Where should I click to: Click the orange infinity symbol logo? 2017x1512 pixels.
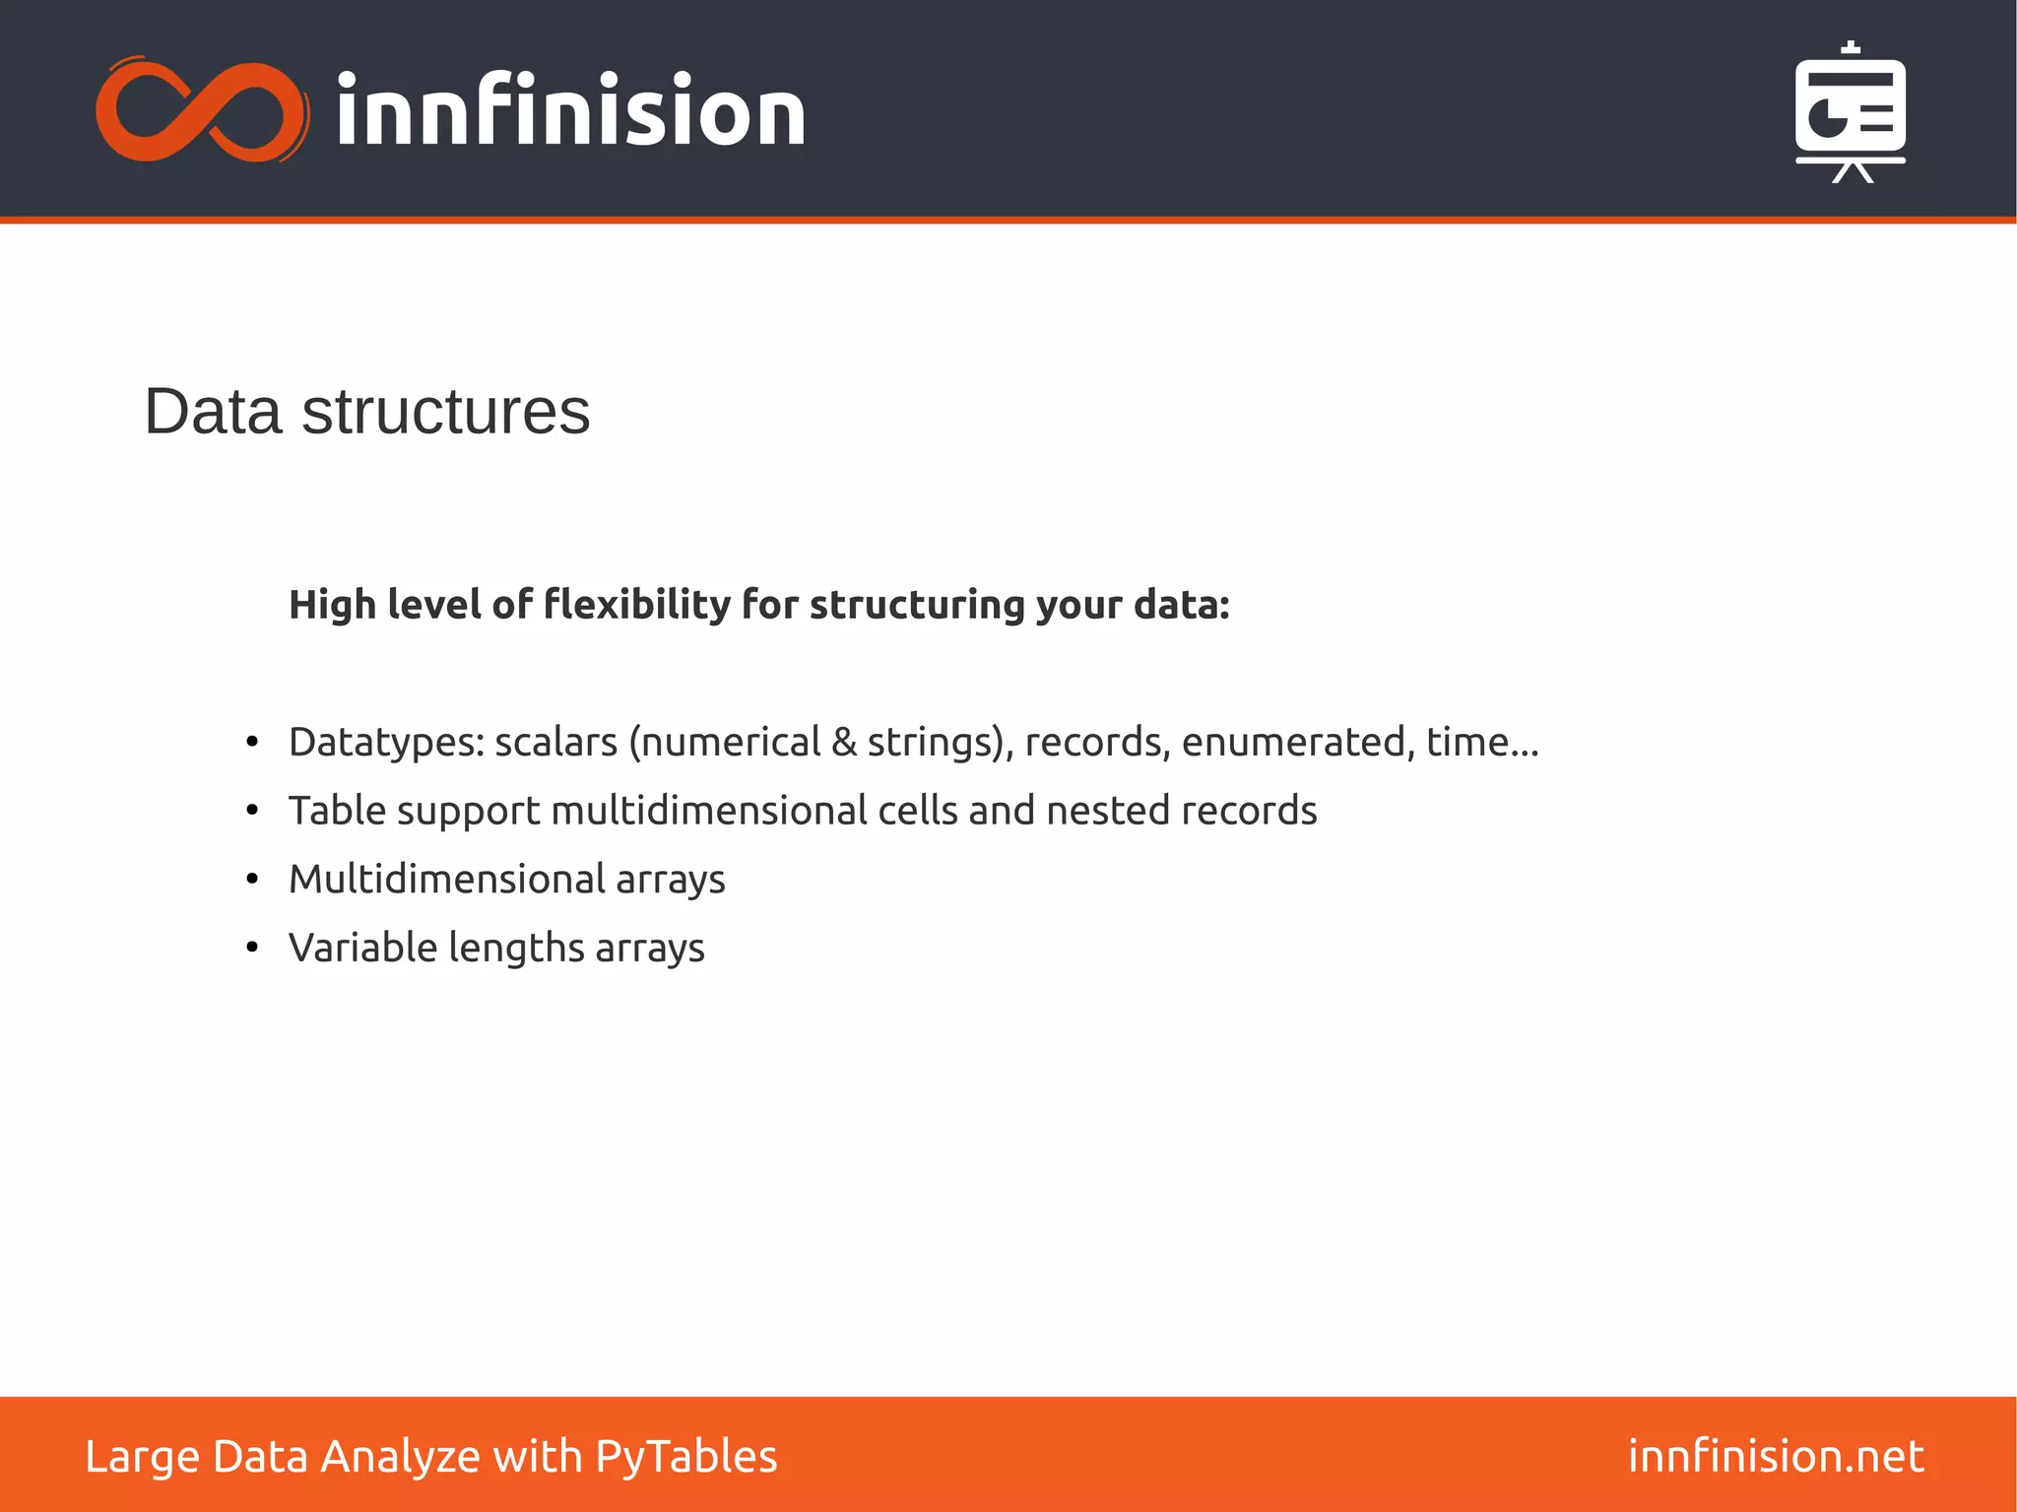pyautogui.click(x=202, y=110)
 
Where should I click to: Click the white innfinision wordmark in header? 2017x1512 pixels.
pyautogui.click(x=570, y=111)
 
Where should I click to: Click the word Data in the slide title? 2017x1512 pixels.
pyautogui.click(x=213, y=411)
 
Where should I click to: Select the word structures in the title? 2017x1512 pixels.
pyautogui.click(x=445, y=411)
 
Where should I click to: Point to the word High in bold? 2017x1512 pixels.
pyautogui.click(x=332, y=604)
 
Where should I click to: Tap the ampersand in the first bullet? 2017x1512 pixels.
pyautogui.click(x=844, y=742)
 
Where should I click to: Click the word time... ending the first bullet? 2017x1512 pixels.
pyautogui.click(x=1482, y=742)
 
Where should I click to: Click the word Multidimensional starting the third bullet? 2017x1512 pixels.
pyautogui.click(x=447, y=879)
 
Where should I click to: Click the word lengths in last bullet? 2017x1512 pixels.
pyautogui.click(x=517, y=948)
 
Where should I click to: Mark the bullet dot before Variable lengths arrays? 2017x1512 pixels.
pyautogui.click(x=252, y=948)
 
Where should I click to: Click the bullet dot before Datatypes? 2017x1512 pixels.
pyautogui.click(x=252, y=742)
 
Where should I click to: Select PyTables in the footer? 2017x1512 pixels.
pyautogui.click(x=686, y=1456)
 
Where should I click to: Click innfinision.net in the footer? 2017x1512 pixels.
pyautogui.click(x=1776, y=1456)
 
